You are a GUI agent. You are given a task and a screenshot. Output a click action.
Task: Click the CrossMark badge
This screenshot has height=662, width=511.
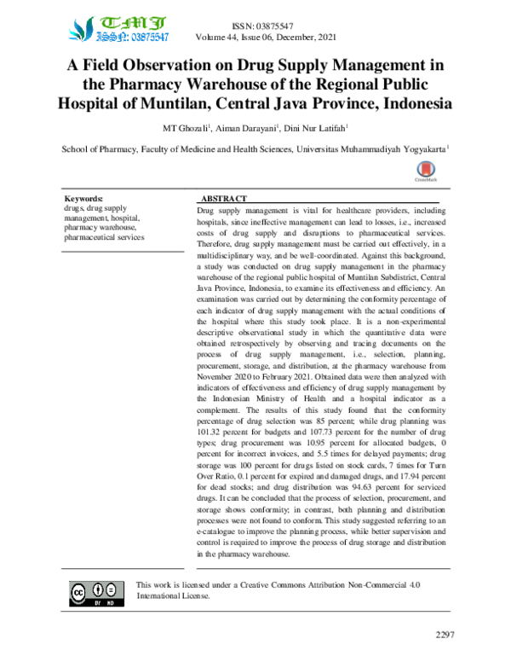pyautogui.click(x=425, y=171)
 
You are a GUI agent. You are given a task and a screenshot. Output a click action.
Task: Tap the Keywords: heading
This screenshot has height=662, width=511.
pyautogui.click(x=83, y=197)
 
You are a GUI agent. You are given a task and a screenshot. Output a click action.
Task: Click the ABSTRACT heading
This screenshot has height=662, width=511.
pyautogui.click(x=222, y=198)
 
